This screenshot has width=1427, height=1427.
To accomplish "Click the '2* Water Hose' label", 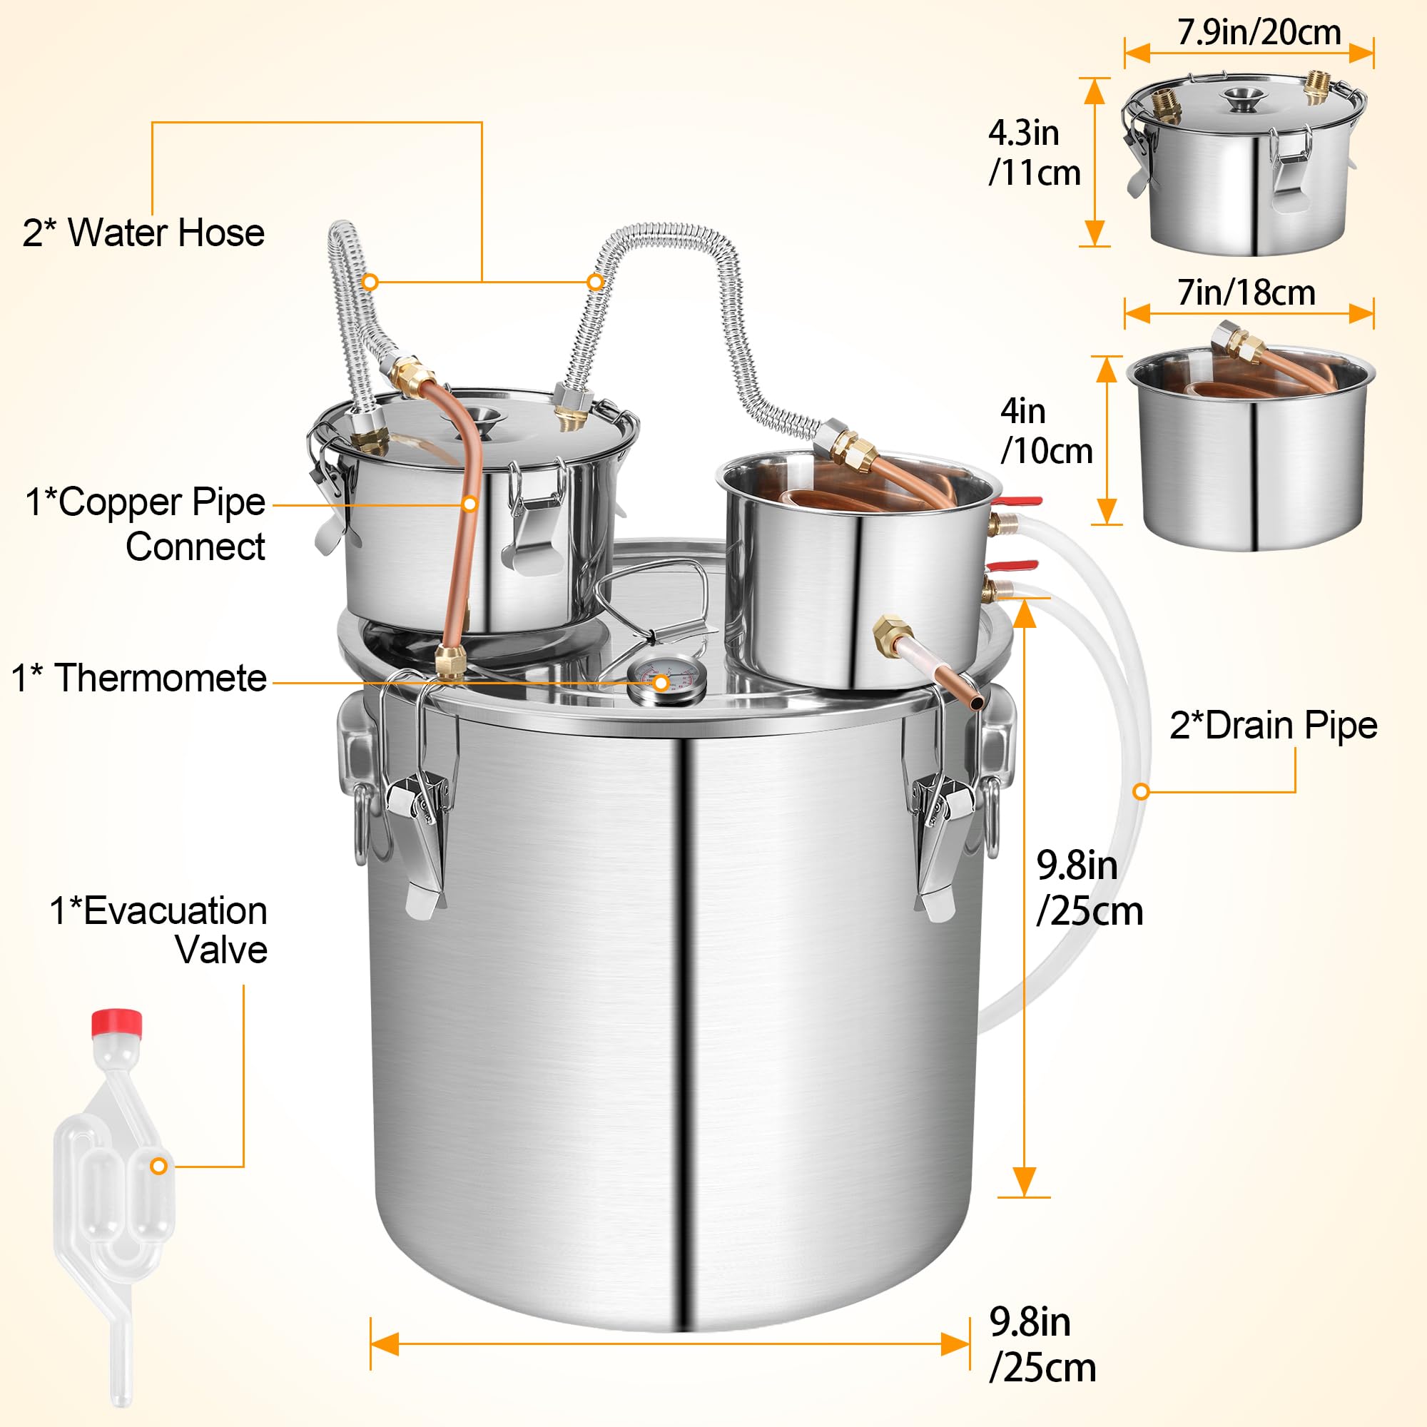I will (x=143, y=233).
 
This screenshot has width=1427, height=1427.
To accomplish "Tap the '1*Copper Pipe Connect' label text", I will (x=146, y=524).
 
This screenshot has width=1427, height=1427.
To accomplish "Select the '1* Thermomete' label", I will (x=139, y=678).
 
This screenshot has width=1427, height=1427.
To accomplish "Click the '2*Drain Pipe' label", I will (x=1273, y=726).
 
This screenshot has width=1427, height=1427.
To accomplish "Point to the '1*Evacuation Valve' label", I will (x=158, y=930).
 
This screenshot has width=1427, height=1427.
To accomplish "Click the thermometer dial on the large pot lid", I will (x=664, y=680).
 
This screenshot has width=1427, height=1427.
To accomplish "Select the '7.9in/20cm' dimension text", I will (x=1259, y=33).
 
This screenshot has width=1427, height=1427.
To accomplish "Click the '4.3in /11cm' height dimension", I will (x=1033, y=153).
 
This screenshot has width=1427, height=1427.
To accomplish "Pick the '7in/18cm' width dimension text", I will (x=1246, y=293).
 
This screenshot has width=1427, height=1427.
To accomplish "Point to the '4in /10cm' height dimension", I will (x=1046, y=432).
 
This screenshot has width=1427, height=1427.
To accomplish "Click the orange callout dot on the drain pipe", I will (x=1141, y=792).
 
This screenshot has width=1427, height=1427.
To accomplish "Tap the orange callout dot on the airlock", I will (x=158, y=1167).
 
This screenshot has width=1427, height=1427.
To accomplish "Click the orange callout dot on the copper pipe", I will (x=469, y=504).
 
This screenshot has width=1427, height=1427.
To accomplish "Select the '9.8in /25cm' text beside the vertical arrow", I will (x=1088, y=888).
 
